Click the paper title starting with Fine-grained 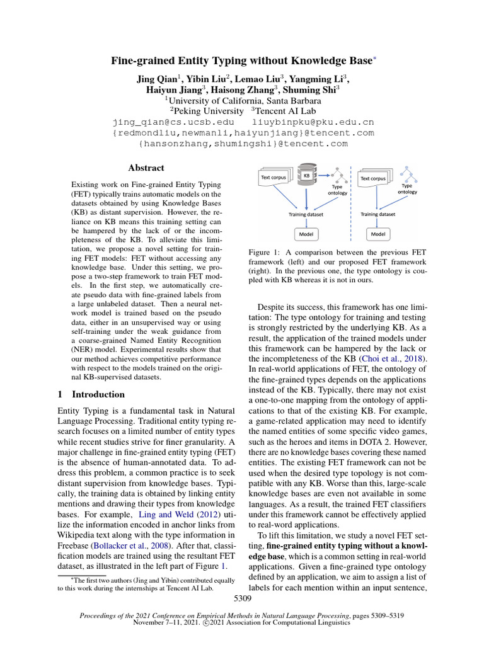coord(239,62)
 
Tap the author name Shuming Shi coord(313,90)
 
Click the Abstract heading coord(146,168)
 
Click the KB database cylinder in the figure coord(307,177)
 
